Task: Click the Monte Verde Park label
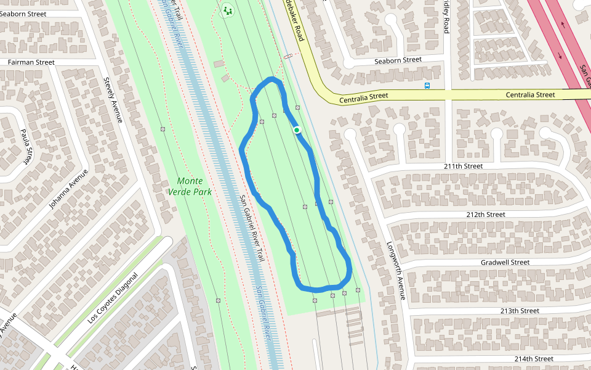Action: coord(190,186)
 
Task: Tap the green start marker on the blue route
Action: coord(297,129)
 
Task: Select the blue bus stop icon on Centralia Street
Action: coord(427,86)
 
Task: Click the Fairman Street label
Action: coord(31,62)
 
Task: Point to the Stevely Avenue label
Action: coord(112,100)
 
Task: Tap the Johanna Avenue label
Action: coord(70,190)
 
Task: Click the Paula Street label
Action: coord(26,147)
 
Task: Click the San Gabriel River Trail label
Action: coord(252,228)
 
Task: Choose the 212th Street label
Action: coord(486,214)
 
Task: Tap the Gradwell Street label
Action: coord(505,262)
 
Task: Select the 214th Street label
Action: coord(533,358)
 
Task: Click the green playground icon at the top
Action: coord(228,10)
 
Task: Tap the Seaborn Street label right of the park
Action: coord(398,60)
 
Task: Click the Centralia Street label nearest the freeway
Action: coord(530,95)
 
